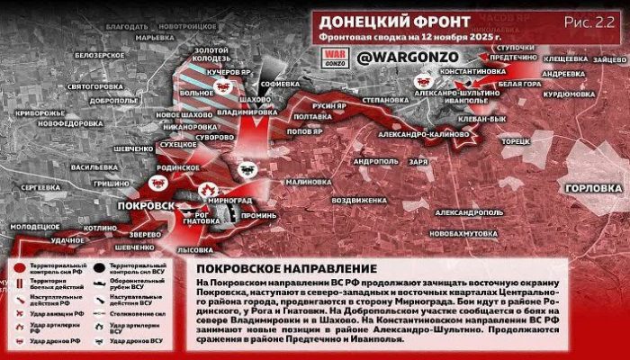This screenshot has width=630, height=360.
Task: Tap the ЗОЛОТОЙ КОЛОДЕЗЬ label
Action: (211, 56)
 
